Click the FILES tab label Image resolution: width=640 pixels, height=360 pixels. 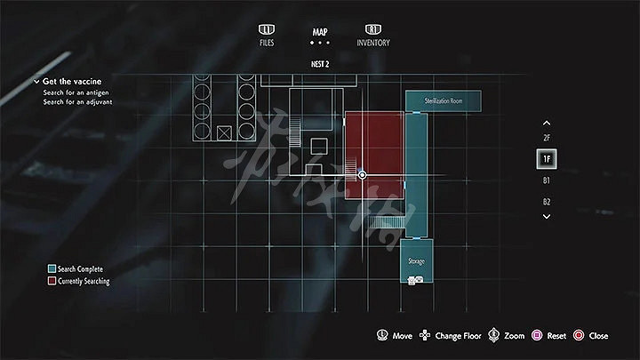click(x=267, y=43)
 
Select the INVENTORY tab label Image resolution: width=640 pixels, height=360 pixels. click(x=373, y=43)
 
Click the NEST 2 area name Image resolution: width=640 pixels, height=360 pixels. click(x=320, y=65)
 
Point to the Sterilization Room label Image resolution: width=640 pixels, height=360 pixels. click(x=444, y=101)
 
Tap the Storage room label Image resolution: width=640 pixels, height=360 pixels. click(x=416, y=261)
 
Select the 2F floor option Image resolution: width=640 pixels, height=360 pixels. click(x=547, y=138)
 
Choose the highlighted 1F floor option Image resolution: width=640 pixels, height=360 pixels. click(x=547, y=159)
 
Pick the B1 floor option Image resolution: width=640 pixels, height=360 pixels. click(x=547, y=180)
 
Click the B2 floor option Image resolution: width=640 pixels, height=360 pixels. click(x=547, y=202)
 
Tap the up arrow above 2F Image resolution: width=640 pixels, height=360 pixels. click(x=547, y=123)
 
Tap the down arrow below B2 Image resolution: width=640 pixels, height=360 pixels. click(x=547, y=216)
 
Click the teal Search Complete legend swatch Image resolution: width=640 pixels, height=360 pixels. click(x=52, y=268)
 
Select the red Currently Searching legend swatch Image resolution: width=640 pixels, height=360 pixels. click(x=52, y=281)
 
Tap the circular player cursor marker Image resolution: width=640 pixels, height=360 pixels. click(x=362, y=175)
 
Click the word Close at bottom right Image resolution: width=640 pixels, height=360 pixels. click(x=598, y=336)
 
